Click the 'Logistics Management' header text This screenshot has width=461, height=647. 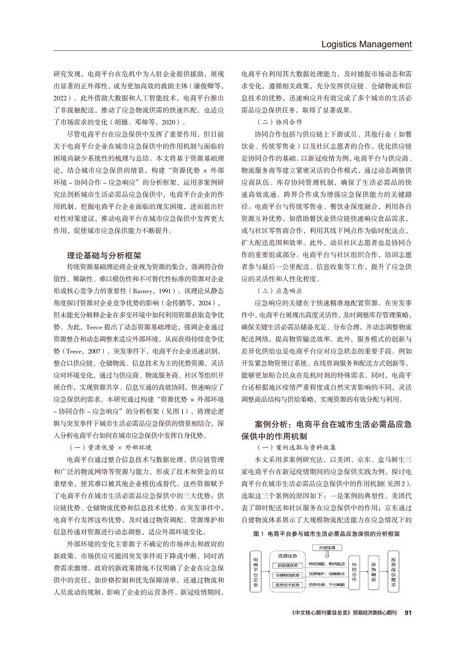click(367, 44)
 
